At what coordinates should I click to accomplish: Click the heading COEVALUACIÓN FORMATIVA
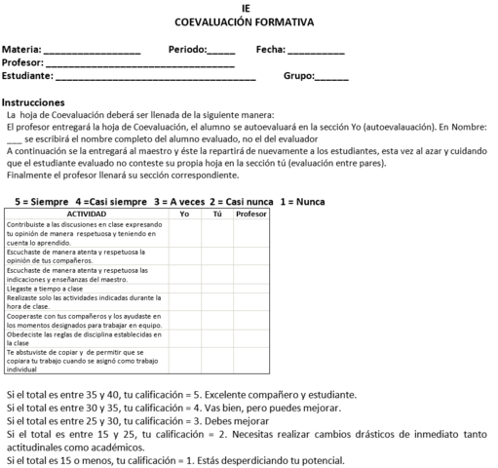pos(249,19)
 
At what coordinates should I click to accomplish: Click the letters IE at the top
pos(249,7)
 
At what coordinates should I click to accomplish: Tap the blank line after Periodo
pos(221,50)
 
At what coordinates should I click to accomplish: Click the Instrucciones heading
pos(33,102)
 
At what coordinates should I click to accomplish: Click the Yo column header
pos(184,213)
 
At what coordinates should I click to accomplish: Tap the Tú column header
pos(217,213)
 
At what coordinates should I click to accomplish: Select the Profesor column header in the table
pos(250,213)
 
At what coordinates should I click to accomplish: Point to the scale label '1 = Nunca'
pos(302,201)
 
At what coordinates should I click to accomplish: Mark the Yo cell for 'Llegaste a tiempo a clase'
pos(184,290)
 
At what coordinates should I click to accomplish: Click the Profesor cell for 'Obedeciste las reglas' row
pos(250,338)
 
